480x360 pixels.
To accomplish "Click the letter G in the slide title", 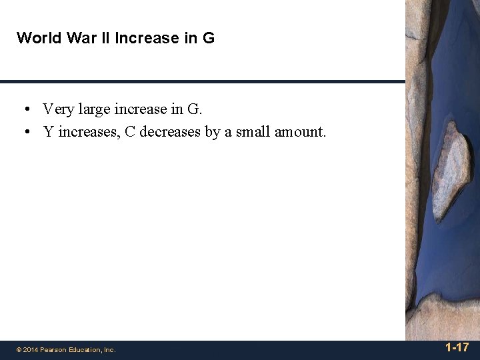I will click(209, 38).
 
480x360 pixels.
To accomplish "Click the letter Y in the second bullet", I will click(48, 131).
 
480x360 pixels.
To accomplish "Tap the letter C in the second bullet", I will click(130, 131).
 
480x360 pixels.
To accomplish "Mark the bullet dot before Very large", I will click(26, 109).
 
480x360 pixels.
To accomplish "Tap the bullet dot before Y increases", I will click(26, 132).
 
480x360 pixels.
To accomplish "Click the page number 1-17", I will click(457, 347).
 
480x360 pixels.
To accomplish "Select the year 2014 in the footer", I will click(30, 349).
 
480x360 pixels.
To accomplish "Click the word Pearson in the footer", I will click(53, 349).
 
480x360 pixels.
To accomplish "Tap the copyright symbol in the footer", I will click(19, 349).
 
